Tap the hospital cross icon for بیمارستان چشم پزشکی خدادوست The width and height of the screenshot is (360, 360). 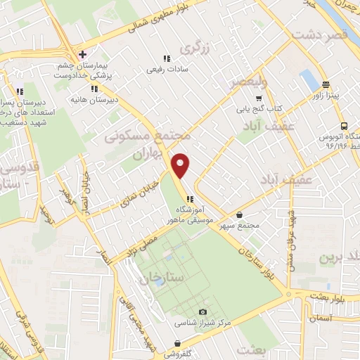click(82, 53)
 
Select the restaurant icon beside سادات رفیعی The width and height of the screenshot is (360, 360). click(167, 59)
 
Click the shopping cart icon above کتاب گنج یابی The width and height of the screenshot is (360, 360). click(259, 98)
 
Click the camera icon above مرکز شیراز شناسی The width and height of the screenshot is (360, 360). click(203, 311)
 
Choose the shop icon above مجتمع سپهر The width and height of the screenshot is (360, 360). click(240, 214)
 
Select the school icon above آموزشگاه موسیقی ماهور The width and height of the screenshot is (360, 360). click(189, 200)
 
